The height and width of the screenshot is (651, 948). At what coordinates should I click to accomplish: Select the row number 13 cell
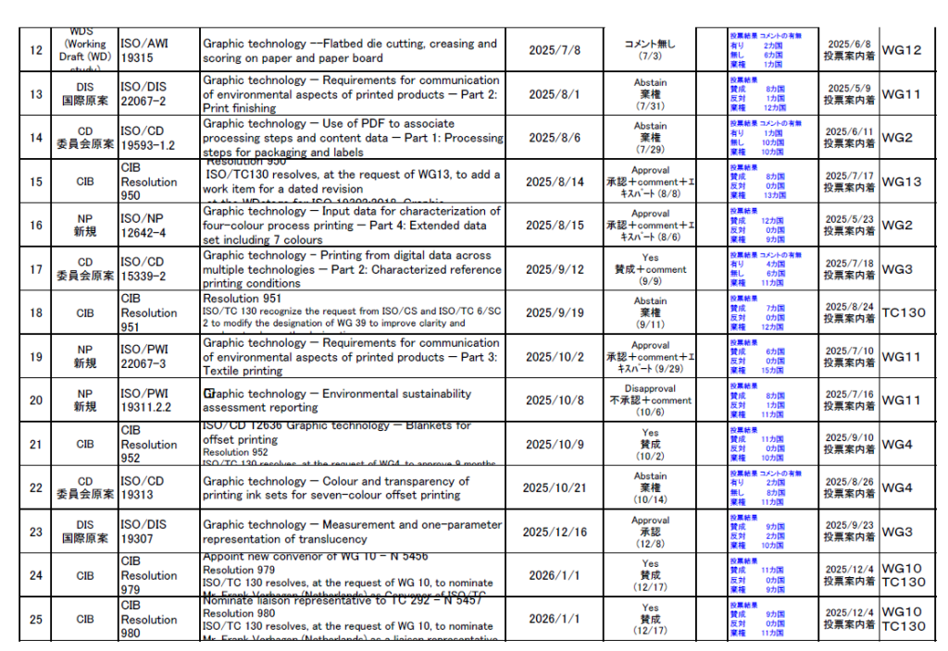click(x=36, y=94)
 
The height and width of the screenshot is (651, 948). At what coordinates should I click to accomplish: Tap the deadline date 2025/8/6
click(x=555, y=138)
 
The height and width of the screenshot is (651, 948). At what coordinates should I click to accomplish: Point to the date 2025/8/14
click(x=555, y=181)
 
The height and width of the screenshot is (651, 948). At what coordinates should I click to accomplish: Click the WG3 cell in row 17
click(x=897, y=269)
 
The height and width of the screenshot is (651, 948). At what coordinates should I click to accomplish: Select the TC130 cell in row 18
click(x=903, y=313)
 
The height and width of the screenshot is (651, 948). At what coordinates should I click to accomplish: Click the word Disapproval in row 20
click(x=650, y=389)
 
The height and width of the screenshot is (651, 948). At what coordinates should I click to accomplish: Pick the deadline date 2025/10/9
click(x=555, y=444)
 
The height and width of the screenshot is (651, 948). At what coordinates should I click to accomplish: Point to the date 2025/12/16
click(x=555, y=532)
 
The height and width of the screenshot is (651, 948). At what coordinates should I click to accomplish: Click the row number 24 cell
click(x=36, y=575)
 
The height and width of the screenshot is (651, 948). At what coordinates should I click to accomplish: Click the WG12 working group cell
click(x=901, y=50)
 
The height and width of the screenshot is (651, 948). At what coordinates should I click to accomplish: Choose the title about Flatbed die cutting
click(x=350, y=50)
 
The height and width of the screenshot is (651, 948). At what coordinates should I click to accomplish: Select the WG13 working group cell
click(x=901, y=181)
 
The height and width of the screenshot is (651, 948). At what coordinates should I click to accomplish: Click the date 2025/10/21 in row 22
click(x=555, y=487)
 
